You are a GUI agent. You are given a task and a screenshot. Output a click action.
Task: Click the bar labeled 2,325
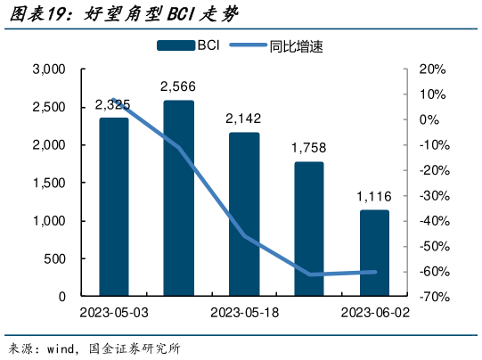[113, 207]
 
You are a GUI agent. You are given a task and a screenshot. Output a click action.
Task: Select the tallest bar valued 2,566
[178, 198]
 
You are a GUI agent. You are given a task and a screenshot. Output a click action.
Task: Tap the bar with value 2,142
[244, 214]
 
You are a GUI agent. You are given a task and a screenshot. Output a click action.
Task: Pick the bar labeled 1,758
[309, 229]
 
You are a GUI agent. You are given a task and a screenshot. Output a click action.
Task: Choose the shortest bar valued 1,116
[374, 253]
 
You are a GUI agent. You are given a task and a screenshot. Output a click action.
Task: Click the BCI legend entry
[191, 46]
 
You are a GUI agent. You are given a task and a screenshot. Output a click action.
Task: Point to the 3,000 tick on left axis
[49, 70]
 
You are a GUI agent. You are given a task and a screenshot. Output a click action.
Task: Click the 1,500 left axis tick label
[49, 183]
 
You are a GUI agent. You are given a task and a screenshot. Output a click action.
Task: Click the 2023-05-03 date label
[113, 313]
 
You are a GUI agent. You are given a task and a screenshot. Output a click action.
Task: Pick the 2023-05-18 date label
[244, 313]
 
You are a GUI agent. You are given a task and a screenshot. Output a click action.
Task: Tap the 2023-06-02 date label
[374, 313]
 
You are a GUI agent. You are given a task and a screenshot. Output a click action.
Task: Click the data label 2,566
[178, 86]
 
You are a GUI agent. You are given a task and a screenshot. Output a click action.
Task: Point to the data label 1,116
[374, 196]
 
